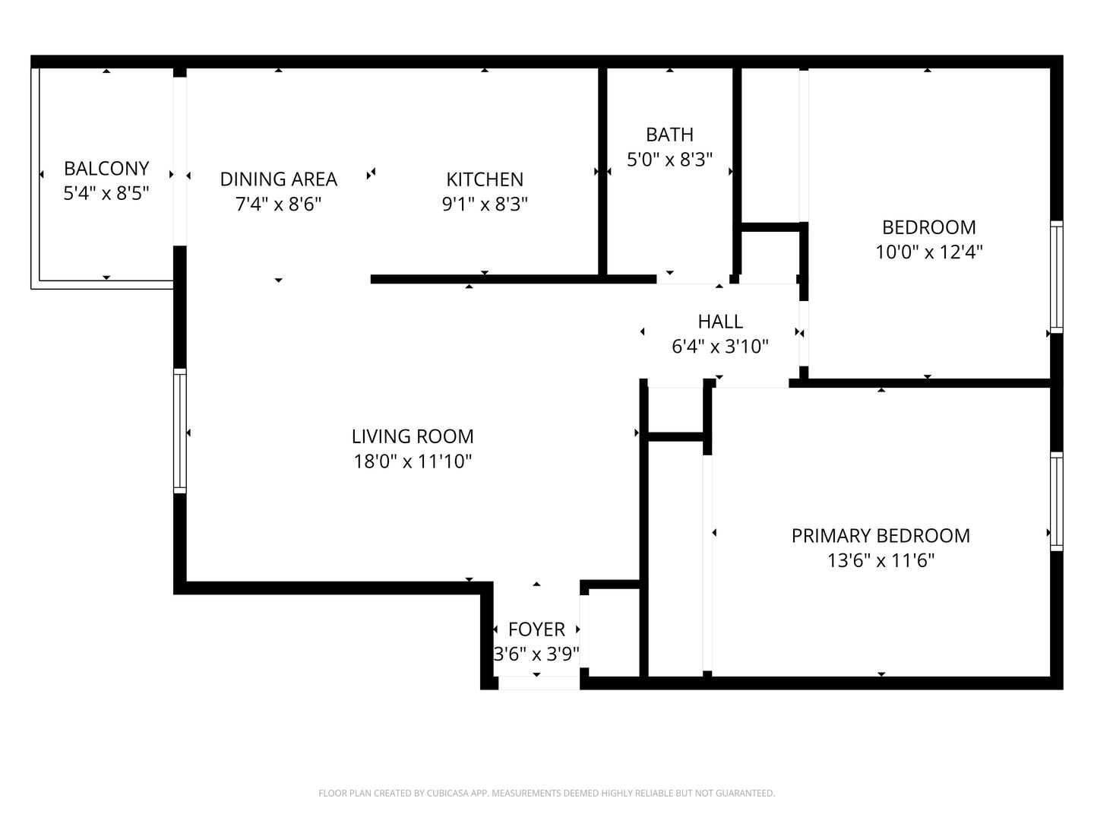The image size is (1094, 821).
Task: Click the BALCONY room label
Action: [x=106, y=169]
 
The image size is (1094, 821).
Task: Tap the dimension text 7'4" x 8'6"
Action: [x=278, y=204]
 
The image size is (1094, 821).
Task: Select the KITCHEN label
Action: [x=485, y=179]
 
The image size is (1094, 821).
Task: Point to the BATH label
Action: [x=669, y=135]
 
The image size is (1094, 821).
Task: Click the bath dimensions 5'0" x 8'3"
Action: [x=669, y=160]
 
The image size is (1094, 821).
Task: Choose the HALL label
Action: [x=720, y=322]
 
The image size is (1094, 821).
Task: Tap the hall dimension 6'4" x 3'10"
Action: [x=720, y=346]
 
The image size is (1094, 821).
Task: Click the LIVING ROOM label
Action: [x=413, y=436]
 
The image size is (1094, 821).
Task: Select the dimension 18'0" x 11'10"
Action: [x=413, y=461]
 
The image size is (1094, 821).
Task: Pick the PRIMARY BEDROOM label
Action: [x=881, y=536]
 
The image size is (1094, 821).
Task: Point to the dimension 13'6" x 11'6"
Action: [x=881, y=561]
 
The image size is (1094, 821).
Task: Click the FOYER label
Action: [x=536, y=629]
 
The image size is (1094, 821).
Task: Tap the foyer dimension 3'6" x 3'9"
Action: [x=536, y=654]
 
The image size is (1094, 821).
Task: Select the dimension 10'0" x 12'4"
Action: [x=929, y=252]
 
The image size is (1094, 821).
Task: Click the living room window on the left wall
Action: [x=180, y=431]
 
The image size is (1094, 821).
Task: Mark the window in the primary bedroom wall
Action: [x=1057, y=502]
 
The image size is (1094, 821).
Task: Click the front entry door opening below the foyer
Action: [x=539, y=683]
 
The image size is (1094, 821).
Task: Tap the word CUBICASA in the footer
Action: [x=448, y=793]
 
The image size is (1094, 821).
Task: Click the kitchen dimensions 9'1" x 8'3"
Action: [x=485, y=204]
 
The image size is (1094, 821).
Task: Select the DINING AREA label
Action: [x=278, y=179]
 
